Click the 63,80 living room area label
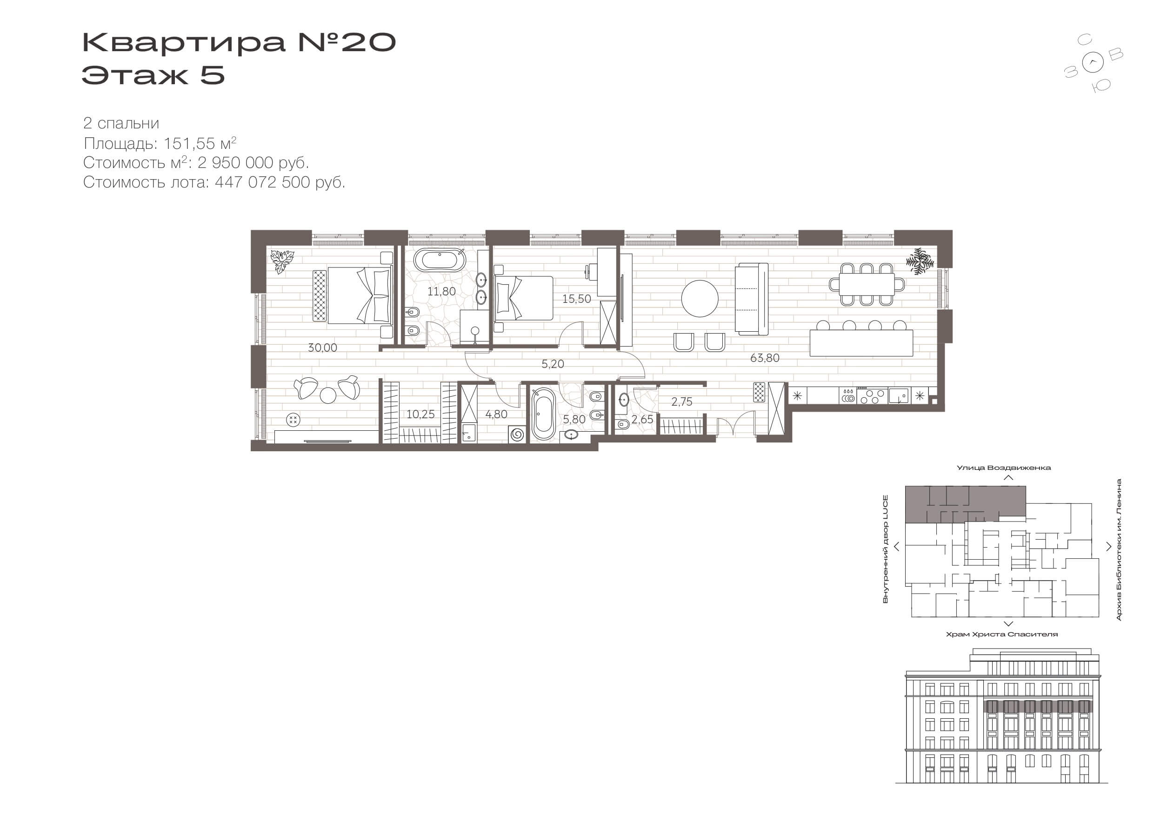pos(765,358)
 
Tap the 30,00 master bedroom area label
pos(322,348)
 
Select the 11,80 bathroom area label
pos(441,291)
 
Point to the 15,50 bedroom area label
pos(576,299)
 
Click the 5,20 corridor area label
pos(553,364)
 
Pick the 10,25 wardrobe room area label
pos(420,415)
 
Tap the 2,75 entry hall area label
pos(681,401)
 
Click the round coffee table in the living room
pos(700,298)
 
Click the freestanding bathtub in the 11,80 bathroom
pos(440,261)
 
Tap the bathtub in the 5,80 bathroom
pos(543,415)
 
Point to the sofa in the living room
pos(751,299)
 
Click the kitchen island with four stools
pos(861,340)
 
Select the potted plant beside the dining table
pos(920,261)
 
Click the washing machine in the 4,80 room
pos(517,434)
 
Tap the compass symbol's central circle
pos(1094,63)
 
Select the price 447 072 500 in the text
pos(262,182)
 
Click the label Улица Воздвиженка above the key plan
pos(1003,468)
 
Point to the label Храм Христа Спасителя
pos(1002,635)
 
